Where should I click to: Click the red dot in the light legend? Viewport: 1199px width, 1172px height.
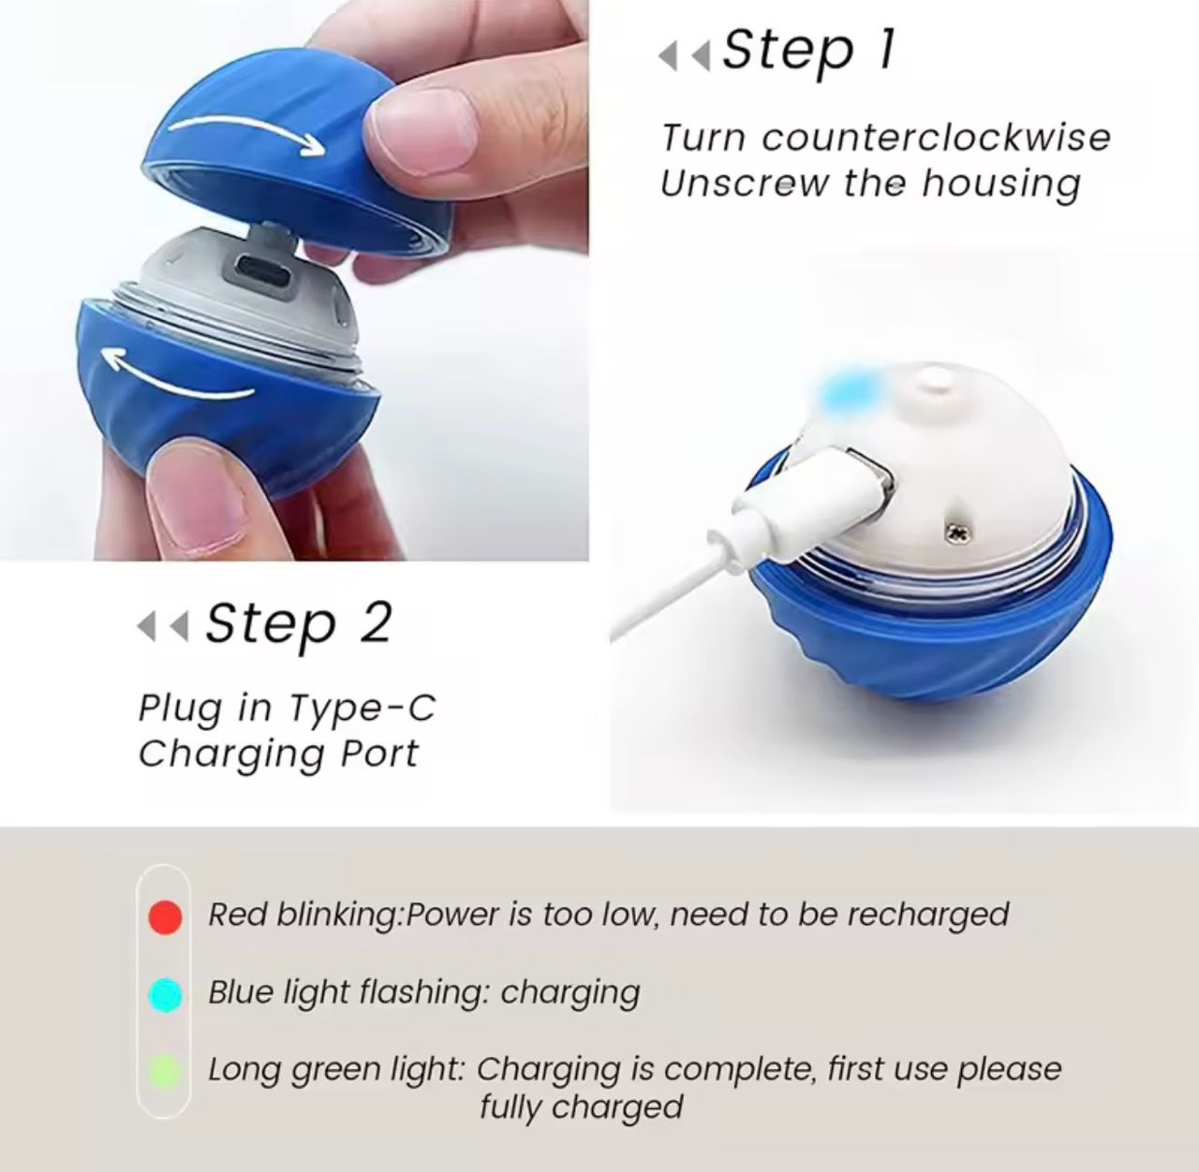(x=166, y=916)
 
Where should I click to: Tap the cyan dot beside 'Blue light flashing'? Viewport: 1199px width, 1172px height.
(x=166, y=994)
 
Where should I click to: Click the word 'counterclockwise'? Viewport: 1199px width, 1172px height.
(x=936, y=139)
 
